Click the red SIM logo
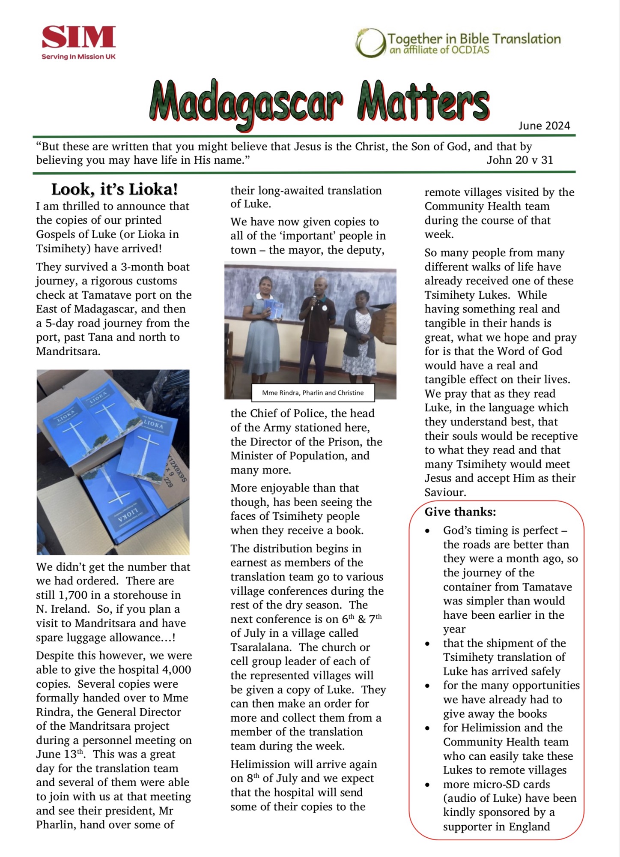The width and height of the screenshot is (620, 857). (79, 37)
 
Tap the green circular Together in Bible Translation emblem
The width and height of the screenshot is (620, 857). (370, 43)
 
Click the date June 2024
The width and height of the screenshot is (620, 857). (544, 126)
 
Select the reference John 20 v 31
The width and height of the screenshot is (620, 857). (519, 160)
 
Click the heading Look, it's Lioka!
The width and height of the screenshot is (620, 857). (114, 189)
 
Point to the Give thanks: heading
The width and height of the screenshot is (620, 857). (460, 512)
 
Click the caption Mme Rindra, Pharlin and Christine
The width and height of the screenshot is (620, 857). (313, 393)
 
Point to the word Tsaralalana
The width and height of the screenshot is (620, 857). (260, 647)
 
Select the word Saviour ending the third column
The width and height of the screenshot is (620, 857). (445, 492)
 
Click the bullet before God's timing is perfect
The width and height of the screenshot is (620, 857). (427, 531)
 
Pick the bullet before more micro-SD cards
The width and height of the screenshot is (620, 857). (427, 785)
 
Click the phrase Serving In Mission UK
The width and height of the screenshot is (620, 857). (79, 57)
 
